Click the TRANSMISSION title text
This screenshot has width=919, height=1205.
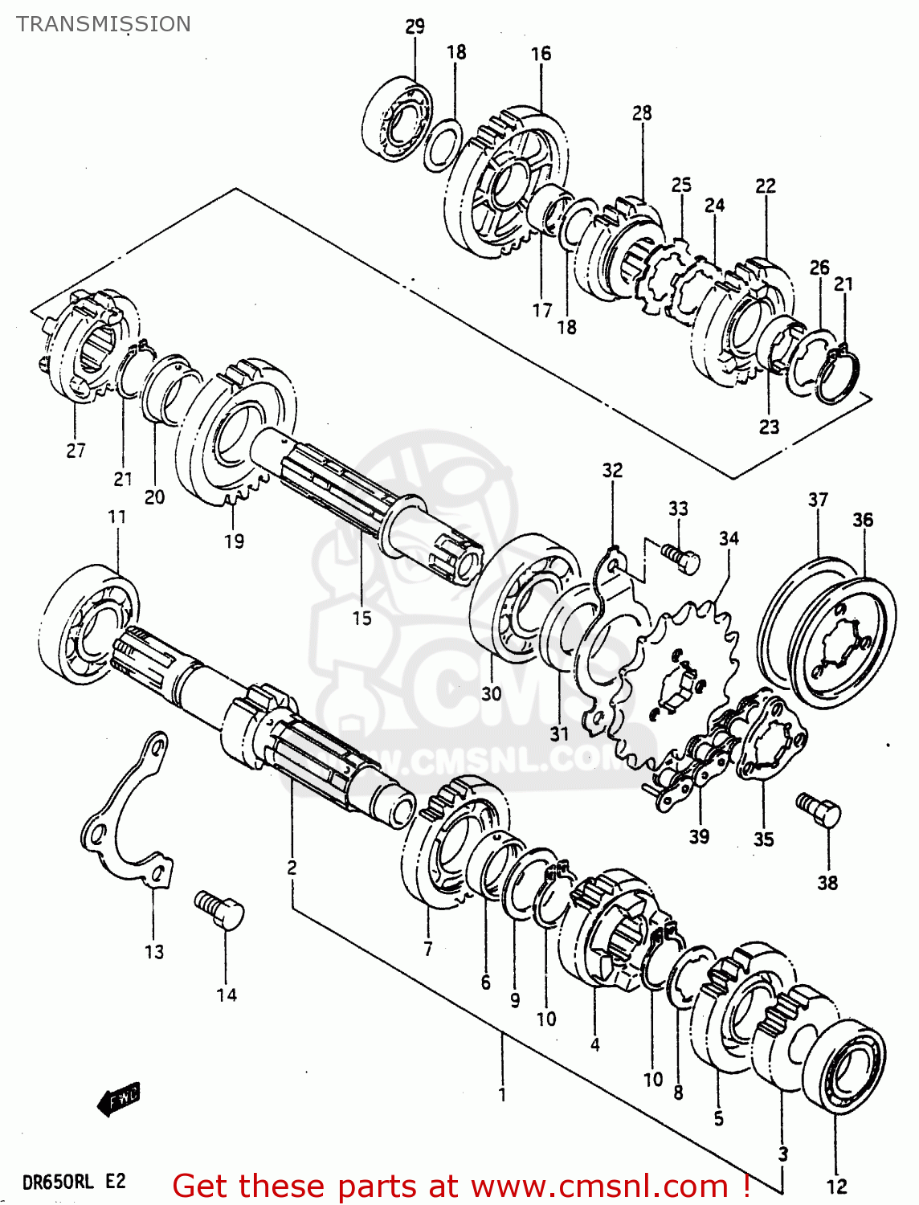coord(104,24)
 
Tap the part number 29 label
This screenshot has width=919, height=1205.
coord(415,27)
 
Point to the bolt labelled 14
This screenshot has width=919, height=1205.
coord(219,910)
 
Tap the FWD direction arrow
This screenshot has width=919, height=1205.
coord(118,1097)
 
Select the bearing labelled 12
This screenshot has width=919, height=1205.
coord(844,1068)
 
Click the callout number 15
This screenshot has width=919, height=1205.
coord(361,618)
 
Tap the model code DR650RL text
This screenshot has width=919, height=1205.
coord(58,1182)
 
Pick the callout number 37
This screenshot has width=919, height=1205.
coord(818,500)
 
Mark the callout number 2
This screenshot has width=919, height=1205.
coord(292,868)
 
